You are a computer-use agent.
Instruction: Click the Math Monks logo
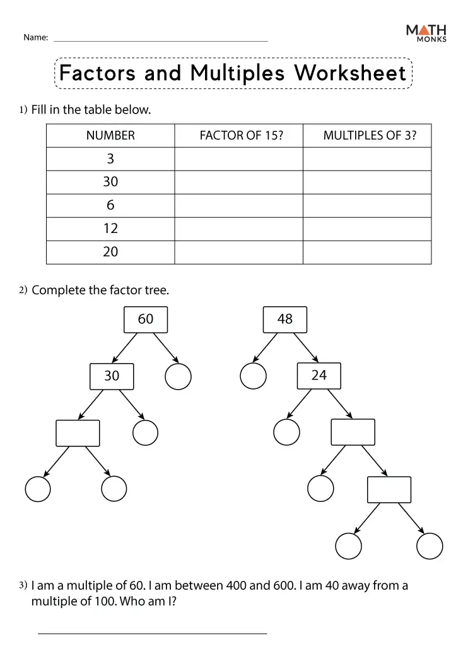(x=426, y=33)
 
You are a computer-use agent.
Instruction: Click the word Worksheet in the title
(x=350, y=73)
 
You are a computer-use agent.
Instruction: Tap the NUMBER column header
(x=110, y=135)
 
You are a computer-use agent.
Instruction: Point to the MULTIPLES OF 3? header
(x=370, y=135)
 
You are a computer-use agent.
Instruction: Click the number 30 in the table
(x=110, y=182)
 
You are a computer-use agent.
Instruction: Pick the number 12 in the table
(x=110, y=229)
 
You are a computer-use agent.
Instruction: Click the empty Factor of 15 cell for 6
(x=238, y=205)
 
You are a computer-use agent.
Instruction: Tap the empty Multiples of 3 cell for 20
(x=367, y=252)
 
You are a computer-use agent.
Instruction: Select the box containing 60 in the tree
(x=146, y=320)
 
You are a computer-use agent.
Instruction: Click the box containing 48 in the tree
(x=285, y=320)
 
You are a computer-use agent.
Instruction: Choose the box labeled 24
(x=319, y=376)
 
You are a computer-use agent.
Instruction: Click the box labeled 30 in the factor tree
(x=112, y=376)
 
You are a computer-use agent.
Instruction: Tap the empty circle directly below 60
(x=178, y=377)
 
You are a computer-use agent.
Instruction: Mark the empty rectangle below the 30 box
(x=78, y=433)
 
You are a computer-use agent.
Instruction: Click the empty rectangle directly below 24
(x=353, y=433)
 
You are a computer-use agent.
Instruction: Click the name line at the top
(x=161, y=41)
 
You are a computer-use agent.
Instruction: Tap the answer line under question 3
(x=152, y=633)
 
